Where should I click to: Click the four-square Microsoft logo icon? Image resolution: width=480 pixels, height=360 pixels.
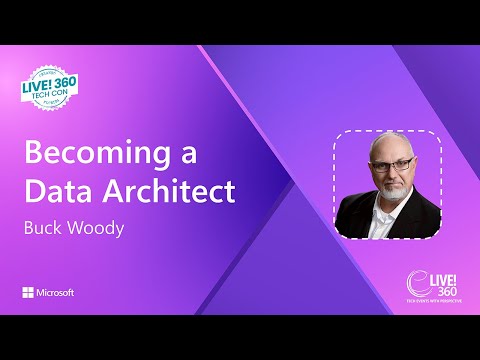(x=28, y=293)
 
